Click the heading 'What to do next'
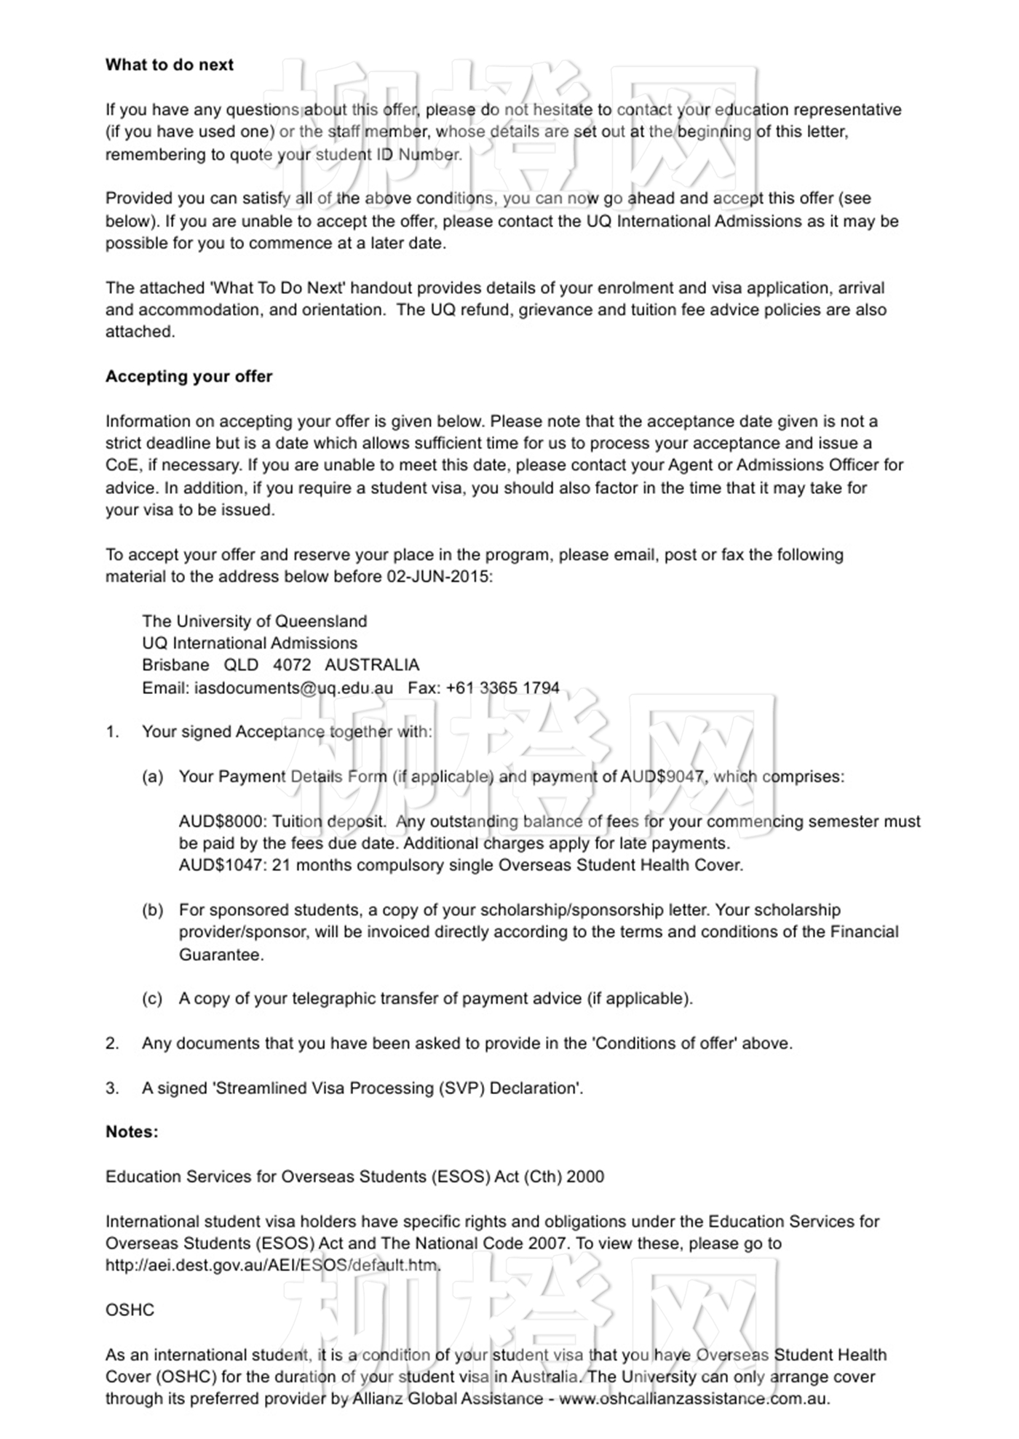[x=169, y=65]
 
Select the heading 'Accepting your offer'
[x=189, y=376]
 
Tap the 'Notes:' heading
[x=132, y=1131]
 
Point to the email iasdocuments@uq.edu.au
[x=293, y=688]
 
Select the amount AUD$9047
[x=662, y=777]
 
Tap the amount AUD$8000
[x=221, y=821]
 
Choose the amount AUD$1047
[x=221, y=866]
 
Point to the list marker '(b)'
[x=152, y=910]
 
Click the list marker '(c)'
[x=152, y=999]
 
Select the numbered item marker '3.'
[x=112, y=1088]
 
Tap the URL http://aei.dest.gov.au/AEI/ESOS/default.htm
[x=273, y=1265]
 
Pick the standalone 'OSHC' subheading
[x=130, y=1310]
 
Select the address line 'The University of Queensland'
[x=254, y=621]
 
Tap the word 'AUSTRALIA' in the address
[x=372, y=665]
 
